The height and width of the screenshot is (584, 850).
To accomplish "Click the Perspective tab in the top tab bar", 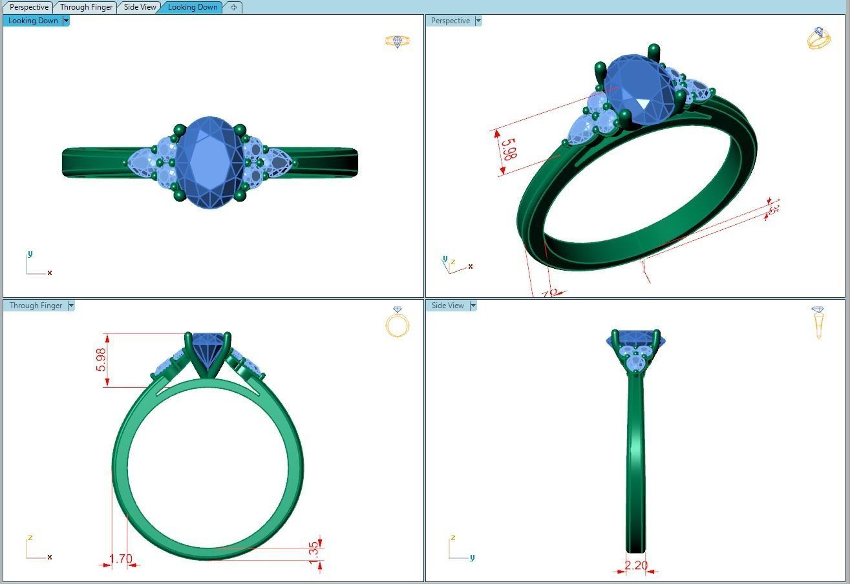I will point(29,7).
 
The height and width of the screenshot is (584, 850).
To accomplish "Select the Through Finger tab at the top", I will point(86,7).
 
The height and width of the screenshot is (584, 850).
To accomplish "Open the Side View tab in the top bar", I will point(140,7).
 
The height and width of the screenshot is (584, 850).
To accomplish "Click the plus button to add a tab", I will point(233,7).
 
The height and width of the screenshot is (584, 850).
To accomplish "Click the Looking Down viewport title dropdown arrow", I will point(66,21).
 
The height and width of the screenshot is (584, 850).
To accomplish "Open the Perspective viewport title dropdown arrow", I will point(478,21).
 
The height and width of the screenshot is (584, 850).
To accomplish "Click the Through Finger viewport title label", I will point(36,306).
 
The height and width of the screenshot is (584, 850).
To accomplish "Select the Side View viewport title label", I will point(447,306).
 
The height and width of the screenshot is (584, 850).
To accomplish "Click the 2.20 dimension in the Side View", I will point(636,565).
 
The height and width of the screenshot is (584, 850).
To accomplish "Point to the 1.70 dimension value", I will point(121,559).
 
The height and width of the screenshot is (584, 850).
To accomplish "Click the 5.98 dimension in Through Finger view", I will point(101,360).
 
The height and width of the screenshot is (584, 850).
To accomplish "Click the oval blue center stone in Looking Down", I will point(209,162).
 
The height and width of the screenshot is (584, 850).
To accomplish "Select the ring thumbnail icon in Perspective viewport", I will point(818,39).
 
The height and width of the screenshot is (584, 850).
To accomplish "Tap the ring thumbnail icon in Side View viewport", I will point(818,322).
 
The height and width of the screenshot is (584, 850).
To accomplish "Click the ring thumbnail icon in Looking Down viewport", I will point(398,41).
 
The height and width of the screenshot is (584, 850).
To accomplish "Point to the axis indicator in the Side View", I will point(460,549).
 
